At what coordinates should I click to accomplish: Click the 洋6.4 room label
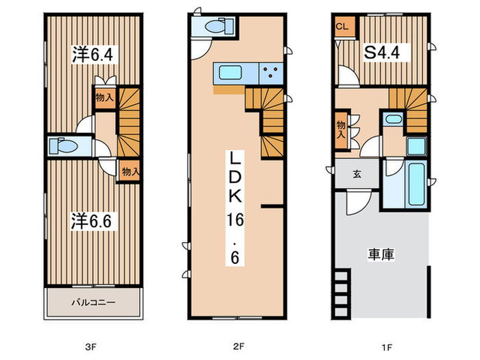[x=86, y=56]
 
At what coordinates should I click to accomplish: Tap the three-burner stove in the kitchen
[x=272, y=72]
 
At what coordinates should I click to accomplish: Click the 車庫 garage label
[x=381, y=254]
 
